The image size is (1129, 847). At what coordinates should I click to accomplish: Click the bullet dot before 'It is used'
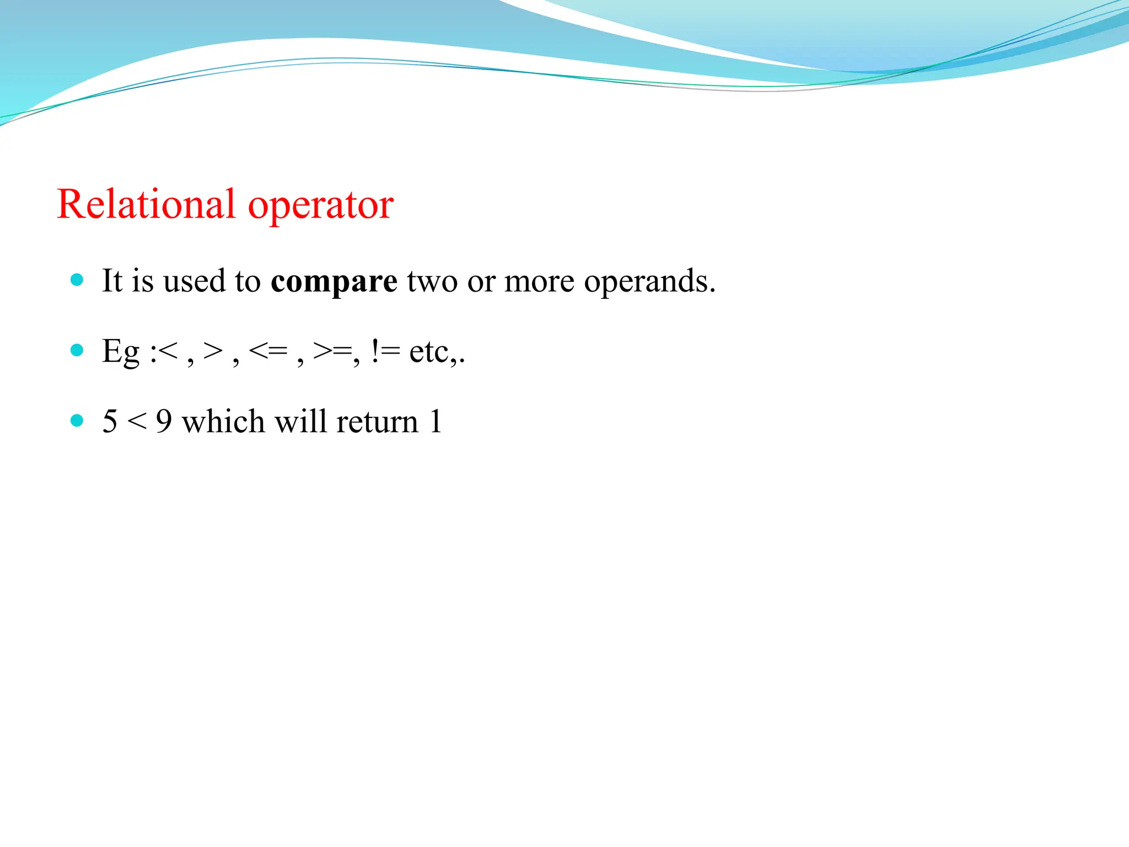pyautogui.click(x=77, y=280)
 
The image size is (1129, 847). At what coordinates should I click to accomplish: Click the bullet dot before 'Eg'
pyautogui.click(x=77, y=350)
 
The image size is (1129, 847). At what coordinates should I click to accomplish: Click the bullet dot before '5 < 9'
pyautogui.click(x=77, y=421)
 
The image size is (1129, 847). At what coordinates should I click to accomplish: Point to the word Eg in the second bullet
pyautogui.click(x=121, y=352)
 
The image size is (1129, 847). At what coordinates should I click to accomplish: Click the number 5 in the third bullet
pyautogui.click(x=110, y=422)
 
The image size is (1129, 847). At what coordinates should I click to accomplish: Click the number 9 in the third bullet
pyautogui.click(x=164, y=422)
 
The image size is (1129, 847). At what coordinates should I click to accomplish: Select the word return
pyautogui.click(x=377, y=422)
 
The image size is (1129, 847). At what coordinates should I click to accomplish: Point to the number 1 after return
pyautogui.click(x=436, y=422)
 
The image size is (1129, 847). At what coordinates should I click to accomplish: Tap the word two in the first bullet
pyautogui.click(x=432, y=281)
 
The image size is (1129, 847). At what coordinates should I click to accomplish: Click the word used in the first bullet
pyautogui.click(x=195, y=281)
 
